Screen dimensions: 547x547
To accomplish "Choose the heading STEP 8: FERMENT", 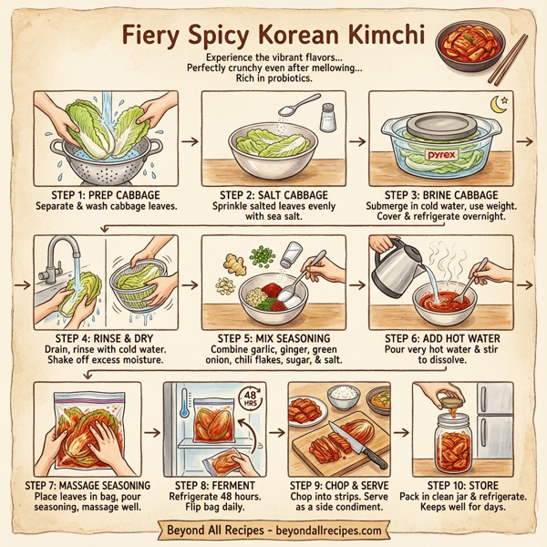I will [216, 484].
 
